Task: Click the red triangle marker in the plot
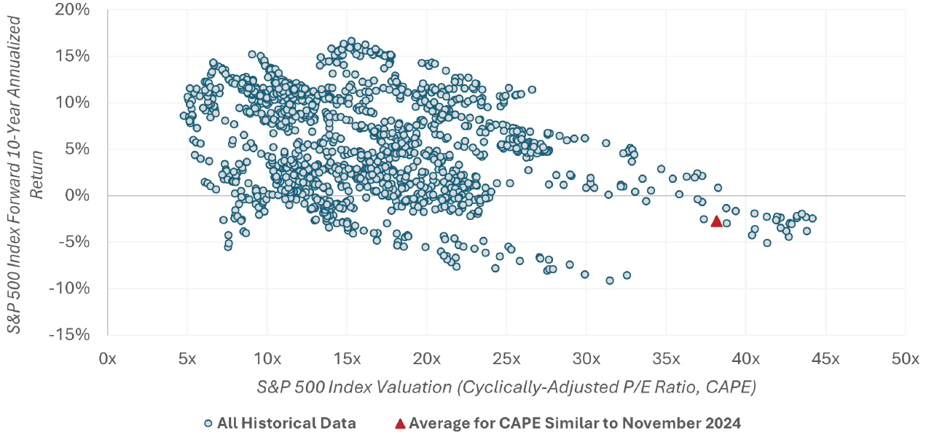pyautogui.click(x=716, y=221)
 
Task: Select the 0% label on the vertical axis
pyautogui.click(x=80, y=195)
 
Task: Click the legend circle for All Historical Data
pyautogui.click(x=208, y=423)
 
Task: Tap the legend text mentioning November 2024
pyautogui.click(x=576, y=423)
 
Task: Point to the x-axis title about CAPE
pyautogui.click(x=506, y=387)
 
